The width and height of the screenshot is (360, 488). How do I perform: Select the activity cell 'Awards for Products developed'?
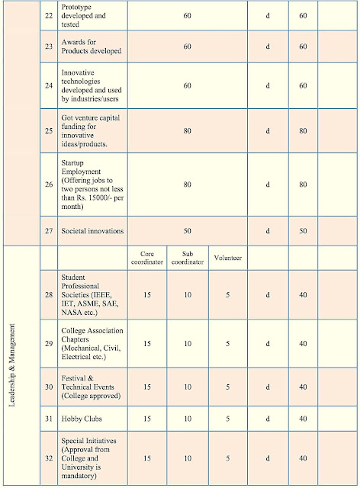89,47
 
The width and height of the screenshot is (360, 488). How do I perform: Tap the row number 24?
47,86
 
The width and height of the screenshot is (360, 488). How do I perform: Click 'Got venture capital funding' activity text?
89,130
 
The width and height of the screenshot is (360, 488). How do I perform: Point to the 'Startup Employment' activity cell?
89,184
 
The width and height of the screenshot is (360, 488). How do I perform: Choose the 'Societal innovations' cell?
92,230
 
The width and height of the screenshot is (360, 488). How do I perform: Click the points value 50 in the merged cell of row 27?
188,230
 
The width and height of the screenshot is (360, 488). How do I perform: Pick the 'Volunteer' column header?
227,258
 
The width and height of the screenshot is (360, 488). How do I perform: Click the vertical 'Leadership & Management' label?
13,365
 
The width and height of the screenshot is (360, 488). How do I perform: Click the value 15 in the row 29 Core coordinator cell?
147,343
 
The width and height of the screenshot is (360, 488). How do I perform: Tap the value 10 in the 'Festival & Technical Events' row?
188,387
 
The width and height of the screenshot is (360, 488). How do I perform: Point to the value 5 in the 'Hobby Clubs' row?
227,419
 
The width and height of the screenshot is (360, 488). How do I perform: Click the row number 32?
47,457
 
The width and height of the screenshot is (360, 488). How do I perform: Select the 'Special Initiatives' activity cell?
89,457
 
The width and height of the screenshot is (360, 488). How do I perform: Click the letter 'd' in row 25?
268,130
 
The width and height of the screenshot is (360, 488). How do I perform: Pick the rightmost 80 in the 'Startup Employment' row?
302,184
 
